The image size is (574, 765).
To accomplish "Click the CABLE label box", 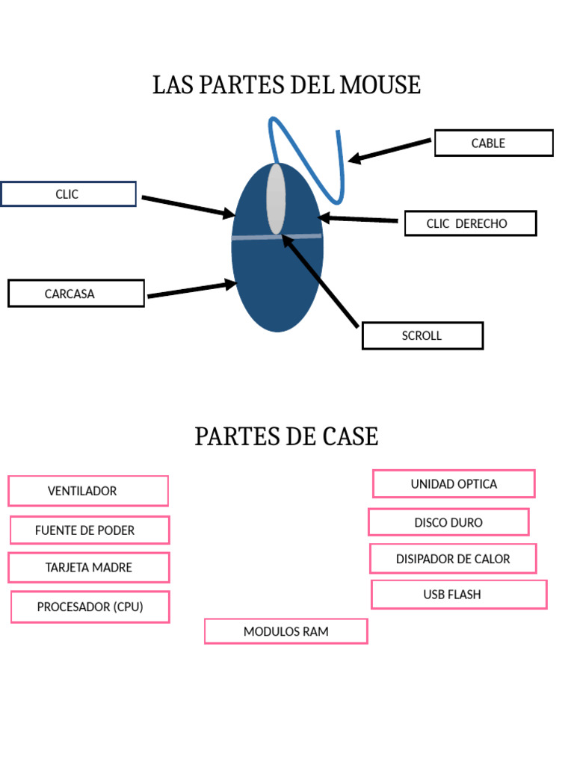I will [493, 143].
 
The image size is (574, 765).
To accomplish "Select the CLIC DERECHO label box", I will [470, 223].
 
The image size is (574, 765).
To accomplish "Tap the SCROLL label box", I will [422, 335].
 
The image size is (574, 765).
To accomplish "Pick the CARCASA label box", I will [75, 294].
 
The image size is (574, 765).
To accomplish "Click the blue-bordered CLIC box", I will [68, 194].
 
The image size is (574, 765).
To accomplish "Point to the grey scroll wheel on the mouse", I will [276, 199].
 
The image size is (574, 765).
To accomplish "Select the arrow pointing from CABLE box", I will [390, 149].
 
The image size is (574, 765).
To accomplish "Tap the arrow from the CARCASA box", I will [191, 290].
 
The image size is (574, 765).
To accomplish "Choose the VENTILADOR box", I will [88, 491].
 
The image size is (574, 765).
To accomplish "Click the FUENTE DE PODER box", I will [90, 530].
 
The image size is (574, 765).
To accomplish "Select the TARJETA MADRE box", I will [89, 568].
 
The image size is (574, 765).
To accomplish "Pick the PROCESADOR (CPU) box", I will [90, 607].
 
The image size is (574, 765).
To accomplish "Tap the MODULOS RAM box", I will [286, 631].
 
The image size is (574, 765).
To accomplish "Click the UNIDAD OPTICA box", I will [454, 484].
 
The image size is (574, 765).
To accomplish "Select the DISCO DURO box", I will [448, 522].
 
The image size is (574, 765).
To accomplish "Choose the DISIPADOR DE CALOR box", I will [453, 559].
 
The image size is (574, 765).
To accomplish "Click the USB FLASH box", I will [459, 595].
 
